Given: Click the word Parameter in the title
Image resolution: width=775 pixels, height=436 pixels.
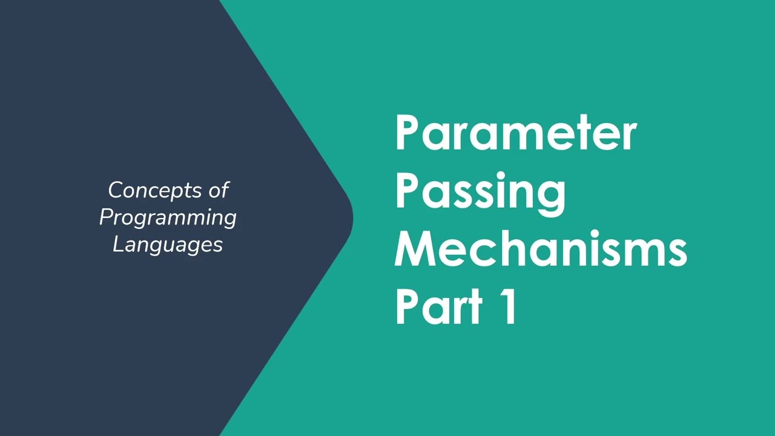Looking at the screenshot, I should coord(516,133).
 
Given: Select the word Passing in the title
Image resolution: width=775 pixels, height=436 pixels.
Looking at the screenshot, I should coord(480,191).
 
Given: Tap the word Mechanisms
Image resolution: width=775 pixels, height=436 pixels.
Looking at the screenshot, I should coord(541,249).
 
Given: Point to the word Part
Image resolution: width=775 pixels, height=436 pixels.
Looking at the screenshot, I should coord(439,307).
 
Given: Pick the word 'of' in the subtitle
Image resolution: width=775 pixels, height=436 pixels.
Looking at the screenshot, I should coord(219,190).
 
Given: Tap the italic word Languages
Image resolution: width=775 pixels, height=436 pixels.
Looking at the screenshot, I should coord(168,245).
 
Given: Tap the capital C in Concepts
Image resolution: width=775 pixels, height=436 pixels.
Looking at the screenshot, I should coord(116,191).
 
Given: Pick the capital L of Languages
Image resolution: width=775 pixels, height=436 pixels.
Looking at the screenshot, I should coord(118,244).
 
